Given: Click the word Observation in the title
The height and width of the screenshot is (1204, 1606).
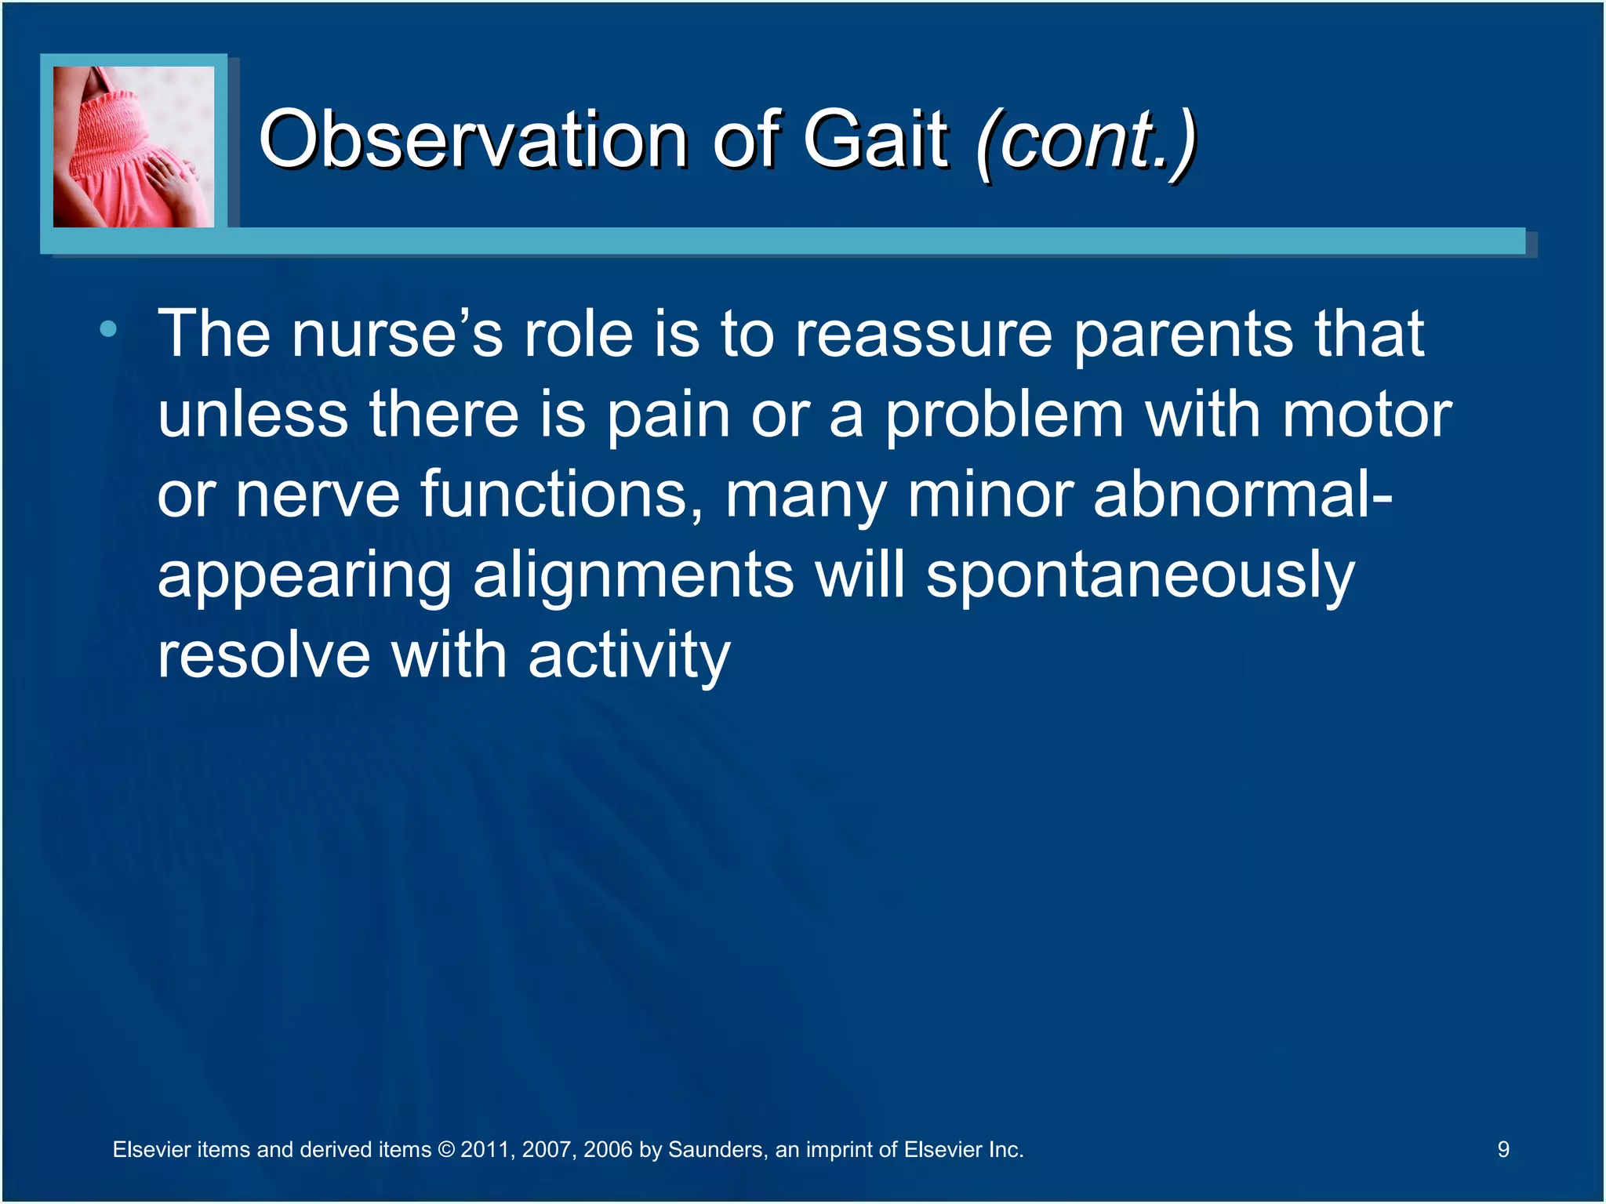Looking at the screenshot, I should (x=473, y=140).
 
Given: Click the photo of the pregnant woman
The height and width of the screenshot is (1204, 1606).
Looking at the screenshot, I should (x=133, y=147).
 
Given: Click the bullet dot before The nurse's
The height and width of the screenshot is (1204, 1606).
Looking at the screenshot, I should (x=108, y=329).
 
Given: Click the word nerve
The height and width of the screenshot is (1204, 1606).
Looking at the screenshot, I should (x=318, y=495).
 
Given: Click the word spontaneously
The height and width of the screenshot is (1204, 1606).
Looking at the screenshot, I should (x=1140, y=577).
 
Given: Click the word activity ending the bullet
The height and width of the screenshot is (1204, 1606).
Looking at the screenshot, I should (x=629, y=657).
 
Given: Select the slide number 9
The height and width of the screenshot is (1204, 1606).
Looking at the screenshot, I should (x=1502, y=1149).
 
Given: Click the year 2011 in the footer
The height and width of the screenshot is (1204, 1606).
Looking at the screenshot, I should (x=484, y=1150).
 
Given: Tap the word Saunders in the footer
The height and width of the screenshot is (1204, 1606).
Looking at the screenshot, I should (x=715, y=1150).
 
